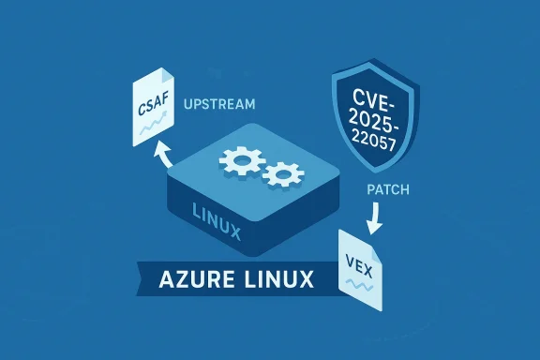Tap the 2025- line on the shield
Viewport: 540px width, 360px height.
click(377, 117)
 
